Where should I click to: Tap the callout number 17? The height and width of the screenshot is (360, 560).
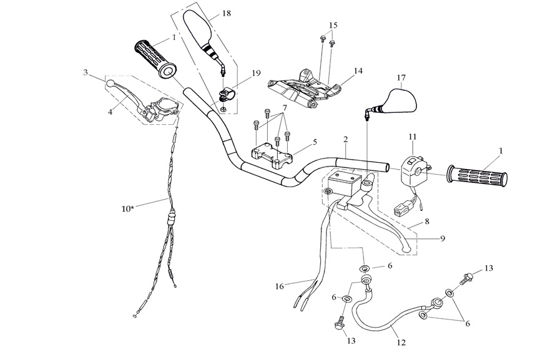point(401,78)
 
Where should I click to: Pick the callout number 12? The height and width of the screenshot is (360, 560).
point(400,342)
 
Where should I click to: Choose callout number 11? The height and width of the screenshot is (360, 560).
point(411,136)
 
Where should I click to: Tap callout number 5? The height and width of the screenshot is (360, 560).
point(315,142)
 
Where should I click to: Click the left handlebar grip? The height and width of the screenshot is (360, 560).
point(155,58)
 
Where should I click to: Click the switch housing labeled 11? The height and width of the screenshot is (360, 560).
point(412,169)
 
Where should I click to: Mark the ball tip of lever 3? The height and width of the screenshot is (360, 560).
point(110,82)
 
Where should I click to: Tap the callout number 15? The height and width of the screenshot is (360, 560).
point(333,25)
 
